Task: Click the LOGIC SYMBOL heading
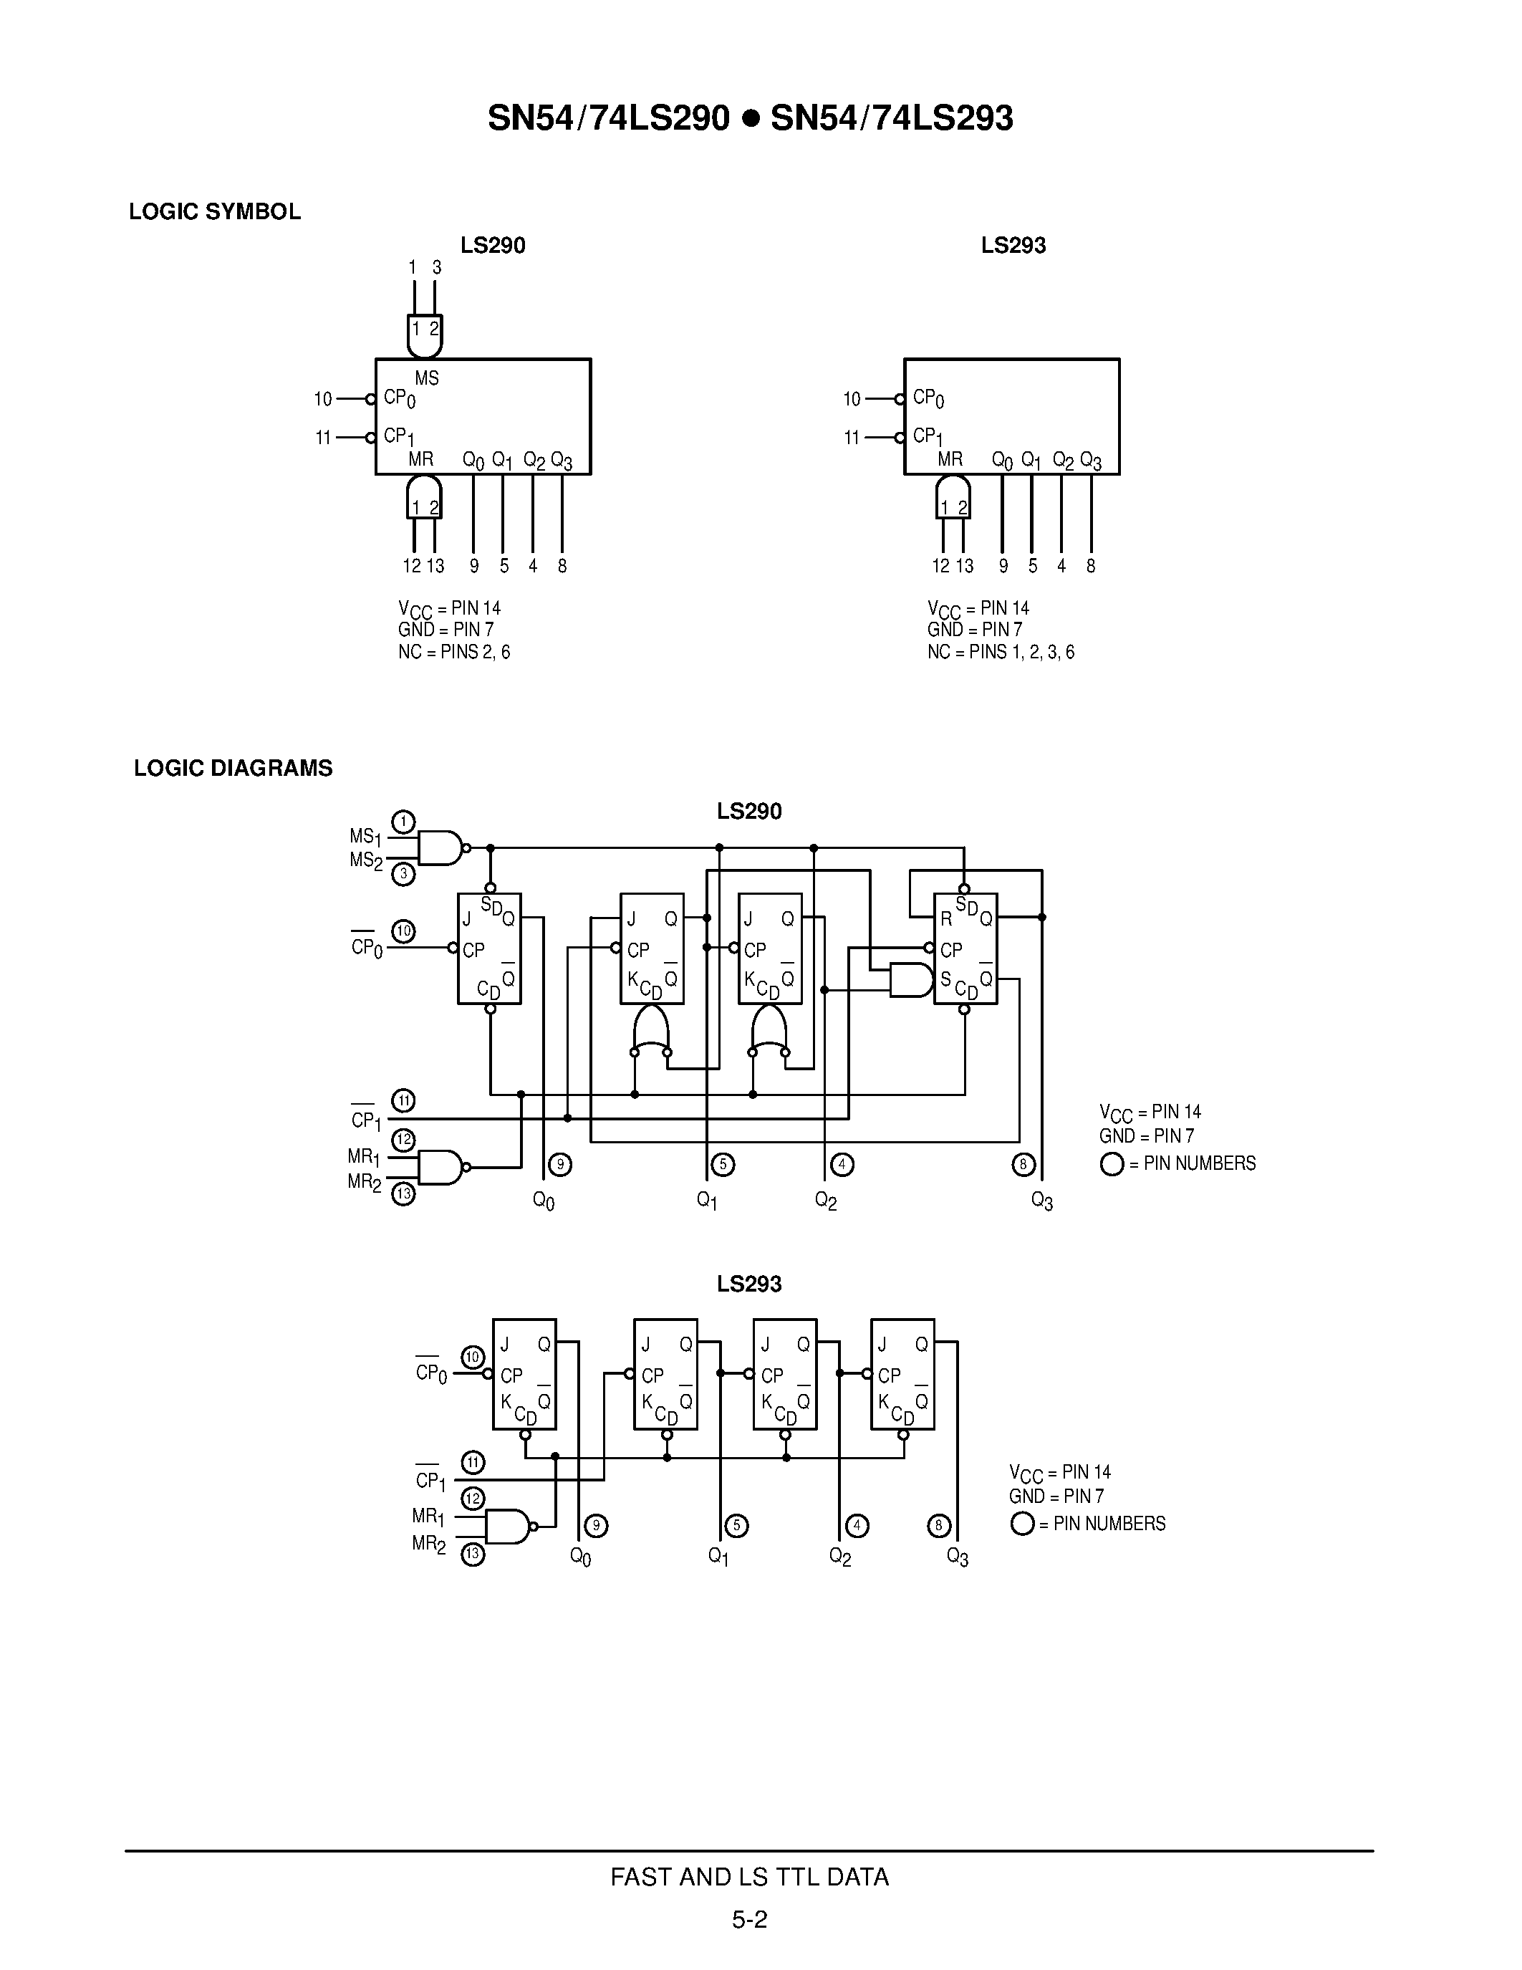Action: pyautogui.click(x=215, y=212)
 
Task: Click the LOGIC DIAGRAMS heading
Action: pyautogui.click(x=233, y=769)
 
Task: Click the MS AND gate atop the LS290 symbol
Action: pyautogui.click(x=425, y=335)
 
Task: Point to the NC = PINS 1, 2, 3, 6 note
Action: pyautogui.click(x=1001, y=652)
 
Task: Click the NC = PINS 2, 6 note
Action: pyautogui.click(x=454, y=652)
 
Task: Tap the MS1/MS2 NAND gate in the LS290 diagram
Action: pyautogui.click(x=440, y=848)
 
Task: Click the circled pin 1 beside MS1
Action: pyautogui.click(x=403, y=822)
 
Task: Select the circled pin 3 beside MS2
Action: pyautogui.click(x=403, y=873)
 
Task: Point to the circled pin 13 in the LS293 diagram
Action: pyautogui.click(x=473, y=1555)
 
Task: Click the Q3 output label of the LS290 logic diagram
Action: pyautogui.click(x=1042, y=1201)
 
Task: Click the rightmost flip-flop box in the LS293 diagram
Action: pyautogui.click(x=902, y=1374)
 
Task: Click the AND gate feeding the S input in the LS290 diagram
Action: pyautogui.click(x=910, y=979)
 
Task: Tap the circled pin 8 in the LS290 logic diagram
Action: pyautogui.click(x=1023, y=1165)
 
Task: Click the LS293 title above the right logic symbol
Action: pyautogui.click(x=1013, y=245)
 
